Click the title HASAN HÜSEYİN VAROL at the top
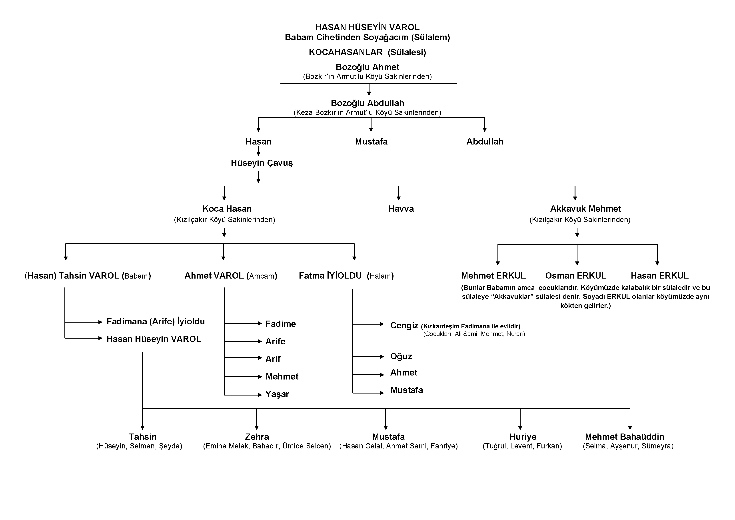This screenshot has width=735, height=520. tap(367, 27)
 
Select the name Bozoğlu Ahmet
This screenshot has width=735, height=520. tap(367, 67)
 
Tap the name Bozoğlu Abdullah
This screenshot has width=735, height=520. tap(367, 103)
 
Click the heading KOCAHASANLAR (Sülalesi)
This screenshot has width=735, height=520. tap(367, 52)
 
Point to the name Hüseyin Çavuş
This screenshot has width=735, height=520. tap(262, 163)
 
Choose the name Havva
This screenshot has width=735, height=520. tap(401, 209)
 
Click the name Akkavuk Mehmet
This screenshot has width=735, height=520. tap(585, 209)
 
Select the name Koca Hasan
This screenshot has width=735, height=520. tap(227, 209)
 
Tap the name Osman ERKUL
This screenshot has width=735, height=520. tap(575, 276)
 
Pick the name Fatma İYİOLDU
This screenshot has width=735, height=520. tap(330, 276)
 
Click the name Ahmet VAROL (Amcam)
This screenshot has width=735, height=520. tap(231, 276)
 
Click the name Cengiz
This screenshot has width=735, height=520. tap(404, 325)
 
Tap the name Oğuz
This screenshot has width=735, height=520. tap(401, 357)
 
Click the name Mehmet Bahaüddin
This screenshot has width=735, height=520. tap(625, 437)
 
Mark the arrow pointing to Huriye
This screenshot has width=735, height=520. tap(520, 419)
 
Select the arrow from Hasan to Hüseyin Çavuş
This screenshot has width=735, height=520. tap(258, 151)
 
